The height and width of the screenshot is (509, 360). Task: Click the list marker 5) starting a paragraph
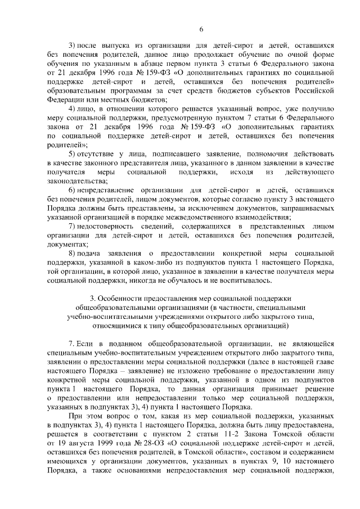tap(71, 154)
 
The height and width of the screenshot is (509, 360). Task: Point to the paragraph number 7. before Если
tap(71, 344)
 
